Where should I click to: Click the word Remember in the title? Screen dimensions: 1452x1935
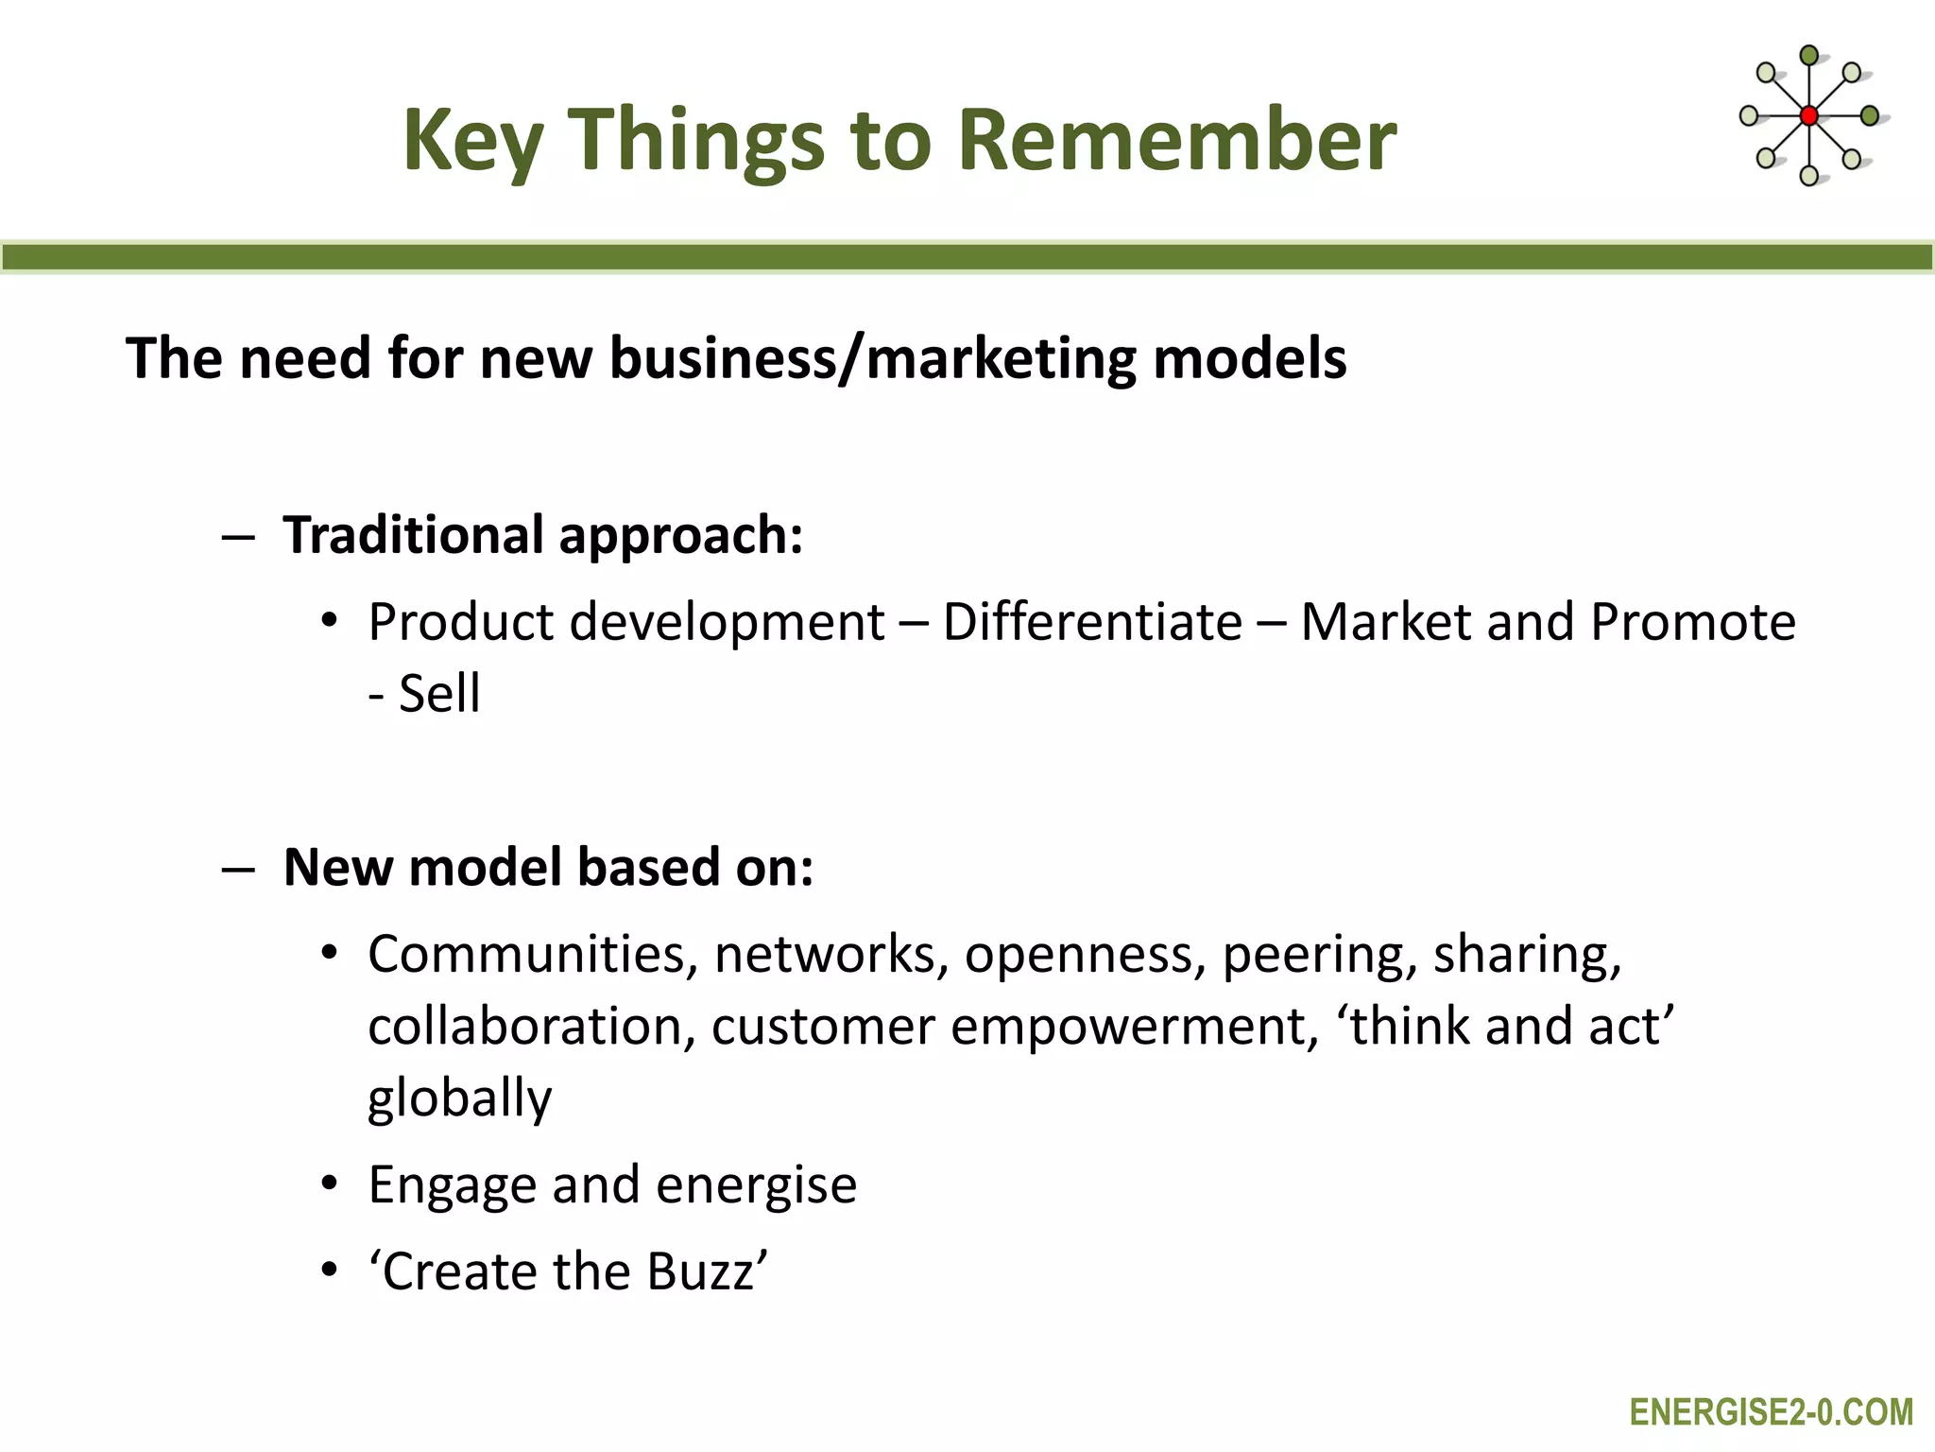click(1176, 140)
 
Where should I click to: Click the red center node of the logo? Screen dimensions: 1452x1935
click(1808, 116)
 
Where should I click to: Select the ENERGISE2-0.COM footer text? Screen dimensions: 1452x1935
click(1771, 1412)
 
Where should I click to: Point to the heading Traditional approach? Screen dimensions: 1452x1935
click(543, 536)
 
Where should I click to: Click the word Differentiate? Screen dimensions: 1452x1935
click(1092, 622)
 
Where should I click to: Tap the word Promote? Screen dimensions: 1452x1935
click(1692, 622)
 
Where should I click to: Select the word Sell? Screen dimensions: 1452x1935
click(439, 694)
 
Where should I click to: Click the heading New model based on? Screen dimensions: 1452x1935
click(548, 867)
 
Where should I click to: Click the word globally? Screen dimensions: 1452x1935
click(459, 1099)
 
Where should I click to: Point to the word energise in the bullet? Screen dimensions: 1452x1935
click(756, 1185)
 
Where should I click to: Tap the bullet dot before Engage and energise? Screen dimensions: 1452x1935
click(328, 1184)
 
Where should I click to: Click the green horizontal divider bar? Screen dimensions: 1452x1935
click(967, 257)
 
